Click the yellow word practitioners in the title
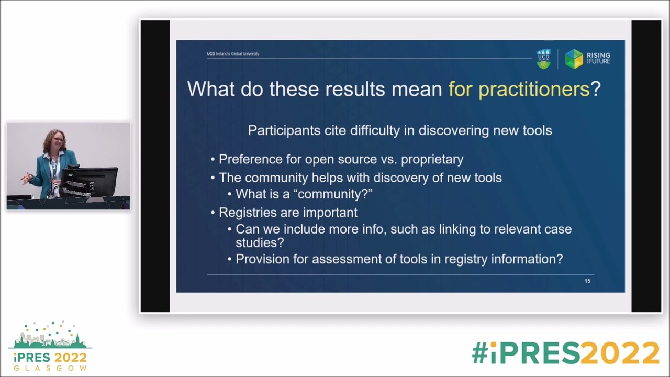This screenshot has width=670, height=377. point(534,89)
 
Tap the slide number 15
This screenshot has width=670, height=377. point(587,281)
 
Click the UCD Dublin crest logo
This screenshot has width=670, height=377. point(544,59)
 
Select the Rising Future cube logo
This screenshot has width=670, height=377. point(574,59)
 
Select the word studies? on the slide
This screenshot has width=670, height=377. point(260,243)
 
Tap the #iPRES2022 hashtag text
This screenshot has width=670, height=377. point(565,353)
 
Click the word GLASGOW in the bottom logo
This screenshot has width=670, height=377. point(50,368)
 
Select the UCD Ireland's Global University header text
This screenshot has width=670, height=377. point(233,54)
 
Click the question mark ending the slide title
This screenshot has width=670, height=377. point(596,89)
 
